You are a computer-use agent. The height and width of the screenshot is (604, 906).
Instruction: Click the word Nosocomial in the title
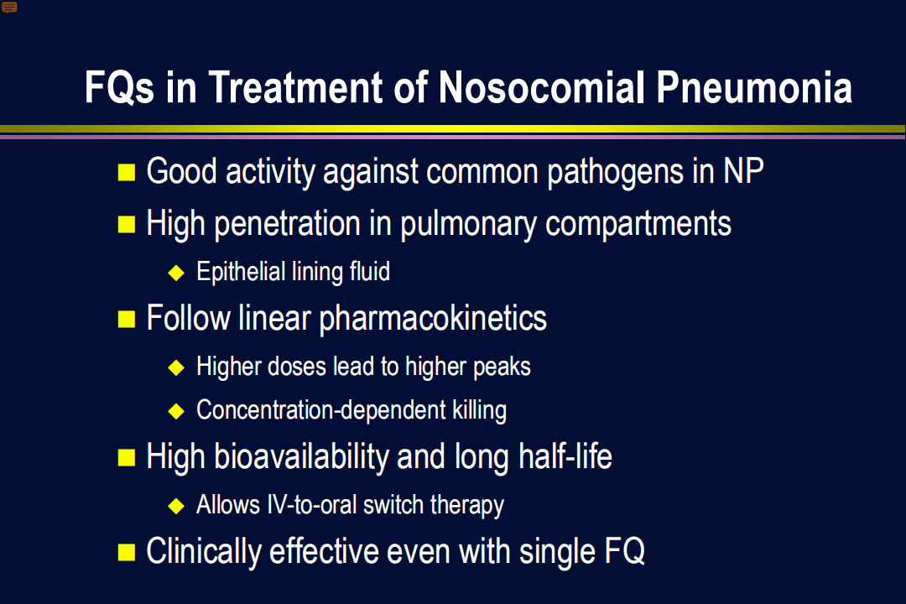pyautogui.click(x=541, y=88)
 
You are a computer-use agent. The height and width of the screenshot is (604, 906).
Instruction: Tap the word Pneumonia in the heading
pyautogui.click(x=754, y=88)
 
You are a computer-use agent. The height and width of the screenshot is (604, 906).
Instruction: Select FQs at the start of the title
pyautogui.click(x=120, y=88)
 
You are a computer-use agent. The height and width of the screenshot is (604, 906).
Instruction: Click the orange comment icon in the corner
pyautogui.click(x=9, y=8)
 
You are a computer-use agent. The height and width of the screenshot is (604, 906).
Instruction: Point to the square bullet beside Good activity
pyautogui.click(x=127, y=172)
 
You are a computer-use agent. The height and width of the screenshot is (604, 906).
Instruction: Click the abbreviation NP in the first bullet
pyautogui.click(x=743, y=171)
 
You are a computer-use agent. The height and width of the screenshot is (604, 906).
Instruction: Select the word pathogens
pyautogui.click(x=614, y=172)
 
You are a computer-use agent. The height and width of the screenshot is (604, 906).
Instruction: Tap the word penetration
pyautogui.click(x=288, y=224)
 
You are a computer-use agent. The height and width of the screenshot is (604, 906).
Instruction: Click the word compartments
pyautogui.click(x=638, y=224)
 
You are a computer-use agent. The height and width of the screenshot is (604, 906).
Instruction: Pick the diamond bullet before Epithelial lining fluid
pyautogui.click(x=176, y=273)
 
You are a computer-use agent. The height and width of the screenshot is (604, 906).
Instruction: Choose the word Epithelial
pyautogui.click(x=241, y=272)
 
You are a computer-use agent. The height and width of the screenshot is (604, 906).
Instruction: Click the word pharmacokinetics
pyautogui.click(x=433, y=319)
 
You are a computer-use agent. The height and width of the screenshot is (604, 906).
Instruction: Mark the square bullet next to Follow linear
pyautogui.click(x=127, y=319)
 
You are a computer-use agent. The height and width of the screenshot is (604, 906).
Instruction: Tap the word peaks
pyautogui.click(x=502, y=367)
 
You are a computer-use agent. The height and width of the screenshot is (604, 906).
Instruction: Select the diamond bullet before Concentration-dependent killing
pyautogui.click(x=176, y=411)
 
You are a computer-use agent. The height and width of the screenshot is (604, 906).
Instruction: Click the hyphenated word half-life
pyautogui.click(x=565, y=456)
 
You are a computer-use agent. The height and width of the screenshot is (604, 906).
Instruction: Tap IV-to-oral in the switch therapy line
pyautogui.click(x=311, y=504)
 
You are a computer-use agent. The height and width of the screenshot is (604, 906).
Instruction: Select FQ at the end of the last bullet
pyautogui.click(x=625, y=551)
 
